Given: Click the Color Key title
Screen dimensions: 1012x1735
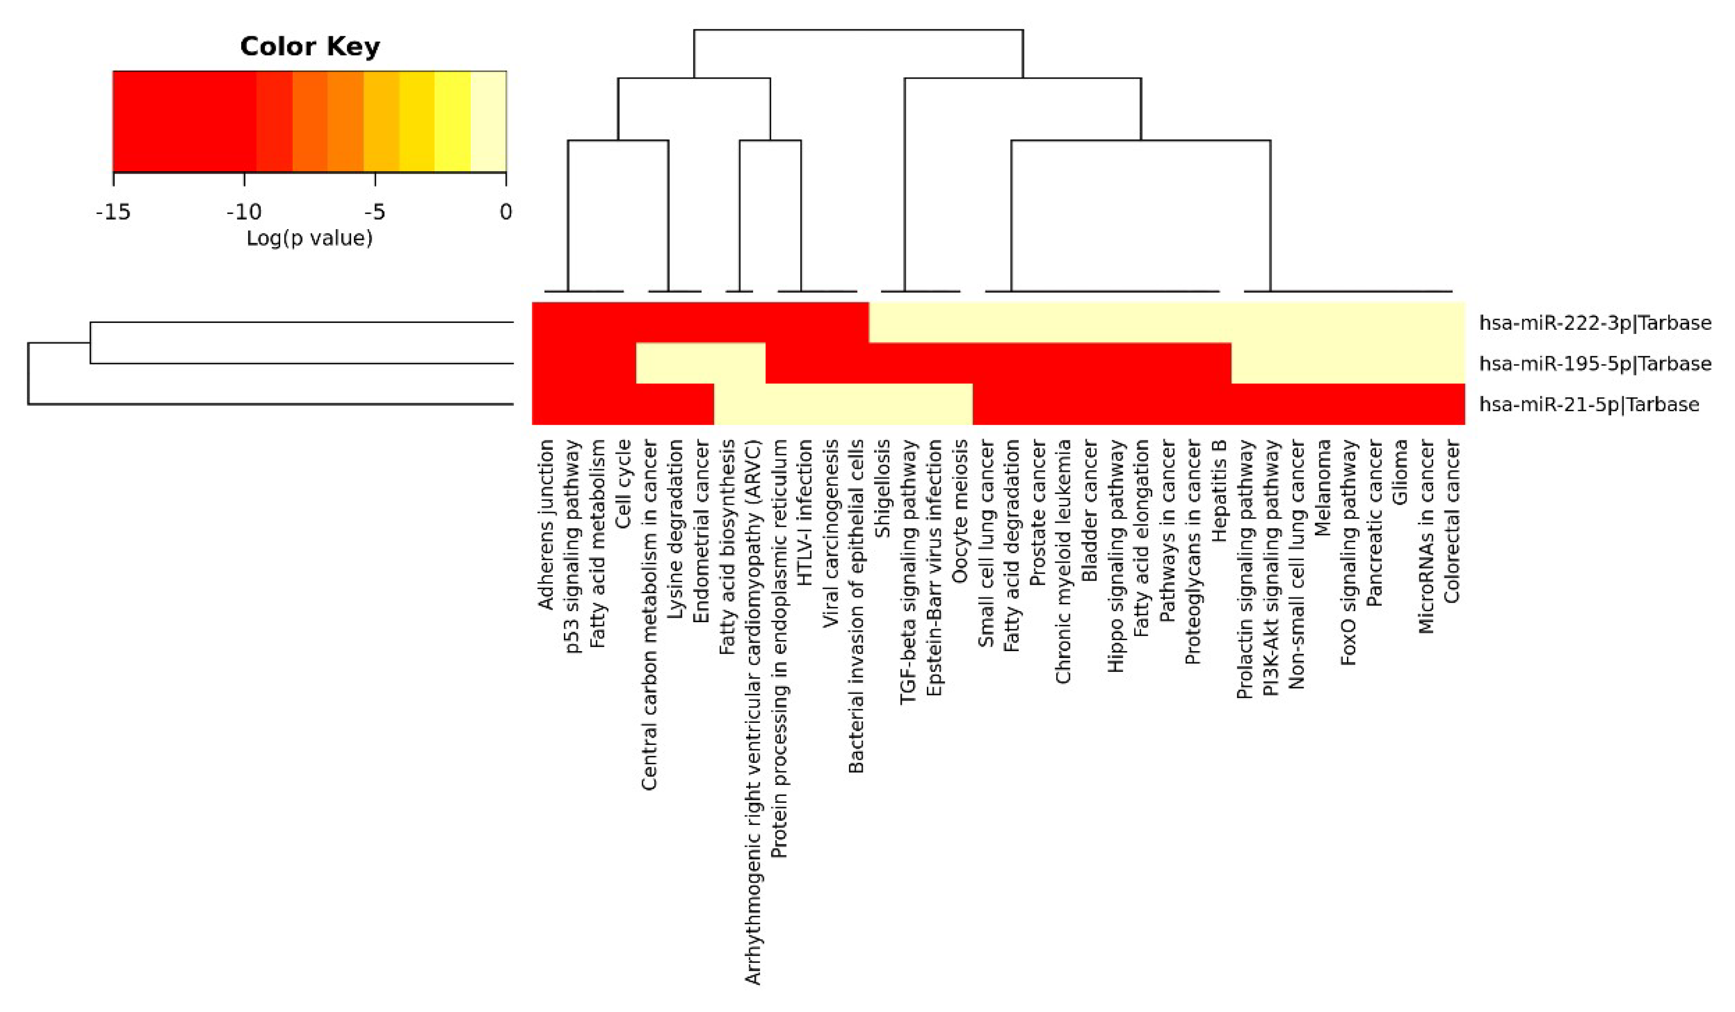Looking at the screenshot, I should coord(310,47).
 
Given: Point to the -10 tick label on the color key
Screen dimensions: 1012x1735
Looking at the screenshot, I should coord(244,211).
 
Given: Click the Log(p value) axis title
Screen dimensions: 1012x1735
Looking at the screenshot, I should coord(310,238).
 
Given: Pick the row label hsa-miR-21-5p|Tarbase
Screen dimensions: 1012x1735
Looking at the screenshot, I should coord(1589,405).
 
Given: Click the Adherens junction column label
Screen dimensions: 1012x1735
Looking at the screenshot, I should coord(546,525).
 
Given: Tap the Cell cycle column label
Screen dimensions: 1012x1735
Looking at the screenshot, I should coord(624,484).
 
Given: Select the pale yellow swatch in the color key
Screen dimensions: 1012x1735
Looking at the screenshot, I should coord(488,121).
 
